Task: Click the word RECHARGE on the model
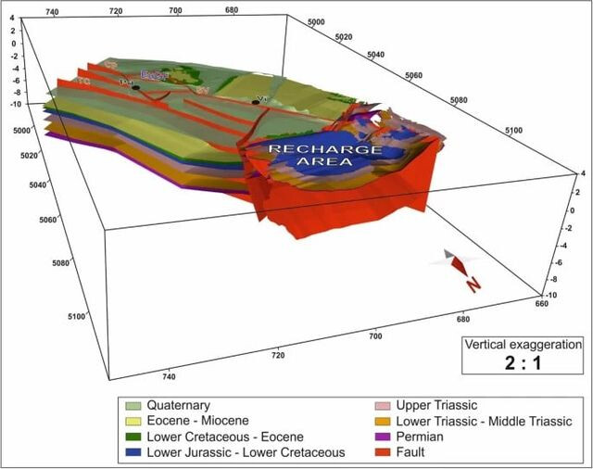coord(311,148)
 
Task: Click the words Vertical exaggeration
coord(524,343)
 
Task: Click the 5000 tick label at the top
coord(316,21)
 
